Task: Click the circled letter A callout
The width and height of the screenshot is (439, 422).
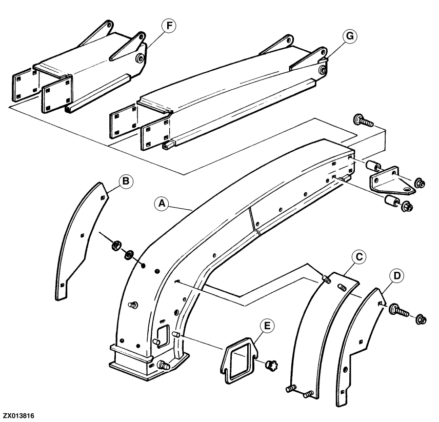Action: [x=162, y=204]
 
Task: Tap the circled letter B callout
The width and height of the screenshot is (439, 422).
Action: [x=126, y=182]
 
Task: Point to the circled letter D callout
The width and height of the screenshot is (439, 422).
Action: [x=397, y=276]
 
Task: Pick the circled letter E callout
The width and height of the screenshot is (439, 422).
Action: [x=267, y=326]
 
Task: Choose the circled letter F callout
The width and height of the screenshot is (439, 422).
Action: [x=169, y=26]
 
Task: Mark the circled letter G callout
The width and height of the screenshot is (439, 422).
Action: [x=350, y=36]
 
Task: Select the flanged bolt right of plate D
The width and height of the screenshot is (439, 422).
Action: [x=398, y=310]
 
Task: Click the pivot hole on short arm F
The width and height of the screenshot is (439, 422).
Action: [x=140, y=58]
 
